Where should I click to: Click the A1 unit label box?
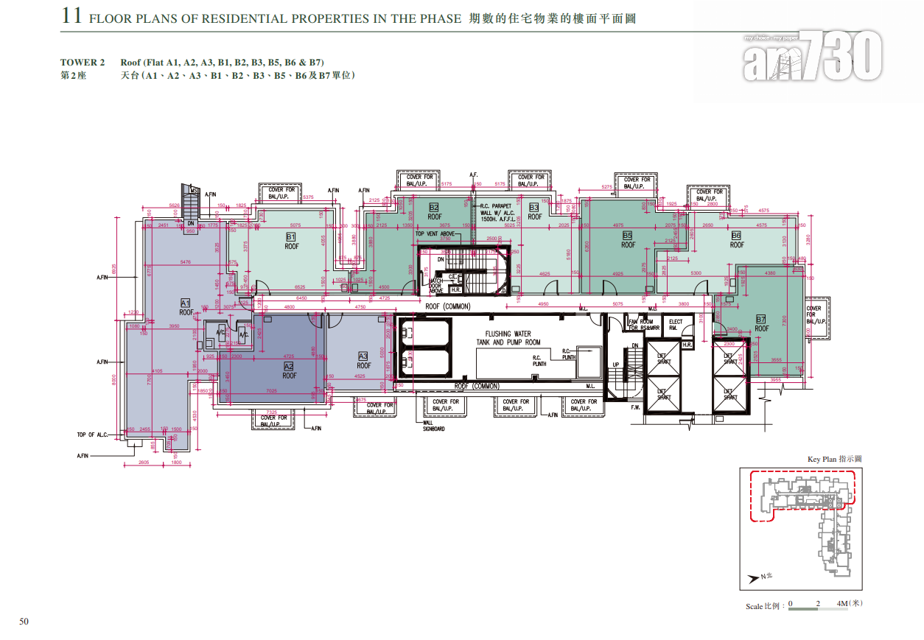[x=186, y=303]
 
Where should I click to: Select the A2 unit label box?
[x=289, y=366]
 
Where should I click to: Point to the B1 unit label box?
[x=291, y=237]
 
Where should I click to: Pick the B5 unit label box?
[x=628, y=236]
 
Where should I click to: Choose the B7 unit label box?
[x=761, y=319]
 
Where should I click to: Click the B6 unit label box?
[x=736, y=236]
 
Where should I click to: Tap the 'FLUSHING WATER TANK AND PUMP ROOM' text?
[x=508, y=338]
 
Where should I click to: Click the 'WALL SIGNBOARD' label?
[x=433, y=426]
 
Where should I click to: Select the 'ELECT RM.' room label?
[x=675, y=325]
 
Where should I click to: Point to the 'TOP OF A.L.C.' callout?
[x=93, y=435]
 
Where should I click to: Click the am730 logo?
[x=812, y=56]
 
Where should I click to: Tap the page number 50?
[x=24, y=621]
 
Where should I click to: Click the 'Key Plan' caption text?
[x=834, y=460]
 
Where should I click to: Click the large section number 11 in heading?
[x=71, y=16]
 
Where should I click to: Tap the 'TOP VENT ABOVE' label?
[x=436, y=234]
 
